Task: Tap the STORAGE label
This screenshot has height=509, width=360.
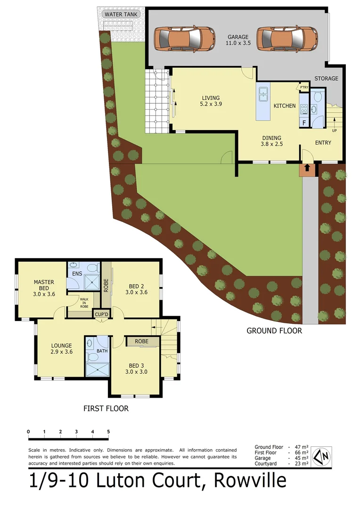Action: tap(326, 78)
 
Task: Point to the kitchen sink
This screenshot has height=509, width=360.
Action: tap(262, 94)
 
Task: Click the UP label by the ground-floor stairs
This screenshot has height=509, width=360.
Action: tap(334, 131)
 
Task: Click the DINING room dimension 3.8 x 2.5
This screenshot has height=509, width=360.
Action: tap(272, 144)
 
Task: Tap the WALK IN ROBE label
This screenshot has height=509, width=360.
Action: tap(84, 303)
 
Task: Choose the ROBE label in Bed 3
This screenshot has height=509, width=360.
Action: tap(141, 341)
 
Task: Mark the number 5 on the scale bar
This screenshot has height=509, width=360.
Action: tap(108, 432)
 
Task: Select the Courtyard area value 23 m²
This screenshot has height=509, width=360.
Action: tap(302, 464)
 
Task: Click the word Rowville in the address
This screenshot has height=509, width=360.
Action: tap(250, 481)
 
